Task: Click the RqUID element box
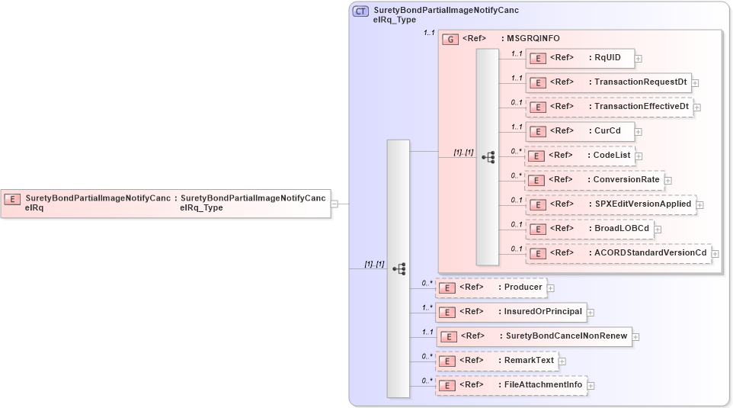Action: click(580, 58)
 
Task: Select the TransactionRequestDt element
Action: click(608, 82)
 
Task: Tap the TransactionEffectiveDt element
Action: click(609, 107)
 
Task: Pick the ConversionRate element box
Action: click(594, 180)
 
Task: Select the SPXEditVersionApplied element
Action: click(610, 204)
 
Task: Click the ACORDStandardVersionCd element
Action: click(618, 253)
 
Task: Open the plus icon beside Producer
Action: click(551, 288)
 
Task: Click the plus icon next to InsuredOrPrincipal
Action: click(591, 312)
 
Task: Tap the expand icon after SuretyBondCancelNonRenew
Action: click(635, 336)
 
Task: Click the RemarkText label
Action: click(529, 360)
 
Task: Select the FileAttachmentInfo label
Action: click(543, 384)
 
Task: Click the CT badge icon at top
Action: click(360, 11)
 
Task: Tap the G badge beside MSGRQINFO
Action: click(450, 39)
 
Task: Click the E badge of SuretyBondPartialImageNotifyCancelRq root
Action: click(12, 199)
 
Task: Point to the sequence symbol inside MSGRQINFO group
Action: click(488, 157)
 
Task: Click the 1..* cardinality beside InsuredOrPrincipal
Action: click(427, 307)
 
